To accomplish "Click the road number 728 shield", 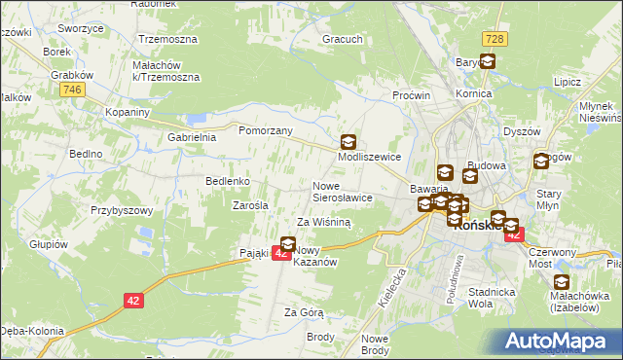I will pyautogui.click(x=493, y=37).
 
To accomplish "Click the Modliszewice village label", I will pyautogui.click(x=369, y=156).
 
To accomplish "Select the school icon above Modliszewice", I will pyautogui.click(x=348, y=141).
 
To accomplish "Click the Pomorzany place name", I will pyautogui.click(x=266, y=129).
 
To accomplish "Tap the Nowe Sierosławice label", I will pyautogui.click(x=342, y=191).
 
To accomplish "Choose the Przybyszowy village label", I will pyautogui.click(x=123, y=210).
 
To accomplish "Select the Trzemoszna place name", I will pyautogui.click(x=168, y=40).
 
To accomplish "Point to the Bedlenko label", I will pyautogui.click(x=229, y=181).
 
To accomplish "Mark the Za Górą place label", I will pyautogui.click(x=303, y=312).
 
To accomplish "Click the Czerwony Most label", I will pyautogui.click(x=553, y=258).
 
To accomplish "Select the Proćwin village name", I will pyautogui.click(x=412, y=95).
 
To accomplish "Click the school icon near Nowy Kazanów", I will pyautogui.click(x=288, y=243).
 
